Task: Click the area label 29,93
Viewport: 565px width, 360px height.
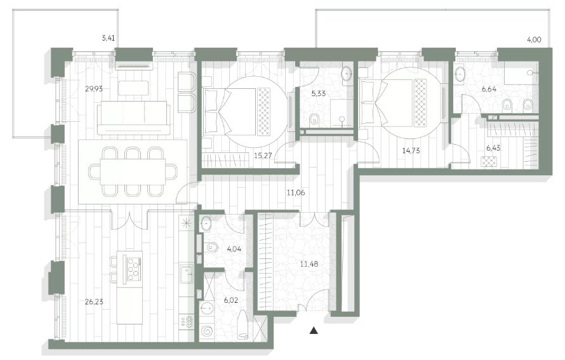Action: (x=94, y=89)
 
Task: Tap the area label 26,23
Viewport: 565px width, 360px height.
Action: (x=94, y=302)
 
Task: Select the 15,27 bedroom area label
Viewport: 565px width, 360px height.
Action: (x=263, y=156)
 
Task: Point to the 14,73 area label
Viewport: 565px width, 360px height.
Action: (x=411, y=150)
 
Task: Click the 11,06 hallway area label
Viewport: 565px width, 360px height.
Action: (x=295, y=193)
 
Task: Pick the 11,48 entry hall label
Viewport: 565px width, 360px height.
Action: (x=309, y=263)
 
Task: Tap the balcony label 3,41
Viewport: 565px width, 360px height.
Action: (x=108, y=38)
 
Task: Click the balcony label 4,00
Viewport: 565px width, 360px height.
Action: (x=534, y=40)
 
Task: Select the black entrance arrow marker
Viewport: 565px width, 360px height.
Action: (x=314, y=330)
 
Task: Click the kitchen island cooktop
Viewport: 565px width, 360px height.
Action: (x=132, y=268)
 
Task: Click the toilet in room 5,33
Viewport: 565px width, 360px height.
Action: (x=315, y=119)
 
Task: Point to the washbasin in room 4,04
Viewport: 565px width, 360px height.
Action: (x=206, y=223)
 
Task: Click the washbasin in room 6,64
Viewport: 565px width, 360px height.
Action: (x=460, y=74)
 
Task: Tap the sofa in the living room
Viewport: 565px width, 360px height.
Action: (x=133, y=118)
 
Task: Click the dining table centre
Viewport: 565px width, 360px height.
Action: (x=133, y=172)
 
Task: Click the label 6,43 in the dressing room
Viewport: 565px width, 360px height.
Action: (x=493, y=148)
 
